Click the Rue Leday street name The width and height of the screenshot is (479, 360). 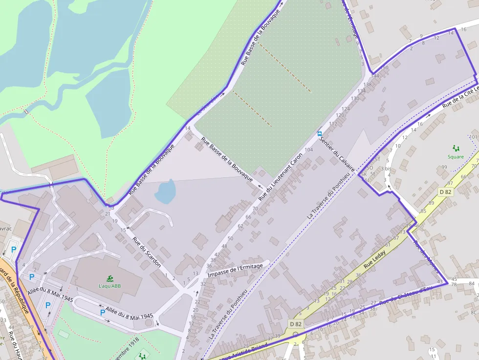(375, 260)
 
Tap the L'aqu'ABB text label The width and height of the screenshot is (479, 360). (110, 286)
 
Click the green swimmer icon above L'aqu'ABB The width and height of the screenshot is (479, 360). (110, 278)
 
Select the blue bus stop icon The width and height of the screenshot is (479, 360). (320, 133)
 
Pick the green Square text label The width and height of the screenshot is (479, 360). (456, 157)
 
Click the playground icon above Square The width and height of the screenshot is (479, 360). (456, 148)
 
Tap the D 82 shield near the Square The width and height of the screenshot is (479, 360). (445, 192)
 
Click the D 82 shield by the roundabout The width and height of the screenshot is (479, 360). (296, 323)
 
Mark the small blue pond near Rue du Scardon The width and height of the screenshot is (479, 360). (165, 191)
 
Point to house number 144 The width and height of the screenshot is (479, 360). (375, 76)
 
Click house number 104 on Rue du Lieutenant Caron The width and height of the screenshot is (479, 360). (308, 149)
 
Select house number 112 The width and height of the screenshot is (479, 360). (333, 124)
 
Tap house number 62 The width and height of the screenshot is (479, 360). (240, 226)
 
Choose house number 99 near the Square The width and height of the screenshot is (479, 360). (444, 168)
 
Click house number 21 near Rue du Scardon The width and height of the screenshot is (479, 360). (108, 214)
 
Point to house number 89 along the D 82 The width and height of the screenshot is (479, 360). (431, 203)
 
